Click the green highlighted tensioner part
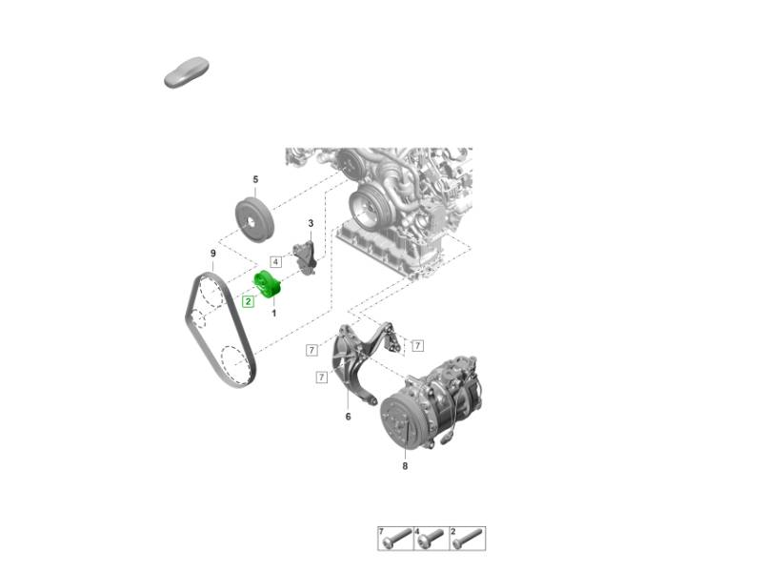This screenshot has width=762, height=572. [x=269, y=283]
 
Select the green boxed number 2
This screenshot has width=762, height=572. [x=249, y=301]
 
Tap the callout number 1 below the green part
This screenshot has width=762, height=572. [x=274, y=314]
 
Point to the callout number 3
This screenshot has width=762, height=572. [x=311, y=223]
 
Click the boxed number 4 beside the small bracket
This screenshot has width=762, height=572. [x=275, y=262]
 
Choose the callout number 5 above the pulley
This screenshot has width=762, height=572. [x=255, y=179]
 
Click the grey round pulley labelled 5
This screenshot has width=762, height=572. [x=254, y=218]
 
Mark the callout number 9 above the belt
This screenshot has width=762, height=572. [x=212, y=254]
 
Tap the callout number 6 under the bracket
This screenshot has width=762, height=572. [x=348, y=417]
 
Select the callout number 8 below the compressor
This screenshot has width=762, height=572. [x=405, y=466]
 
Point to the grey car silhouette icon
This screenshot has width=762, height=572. [x=187, y=72]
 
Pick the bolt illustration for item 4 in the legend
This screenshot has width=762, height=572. [x=431, y=539]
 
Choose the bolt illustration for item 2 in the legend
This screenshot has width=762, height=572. [x=468, y=539]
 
